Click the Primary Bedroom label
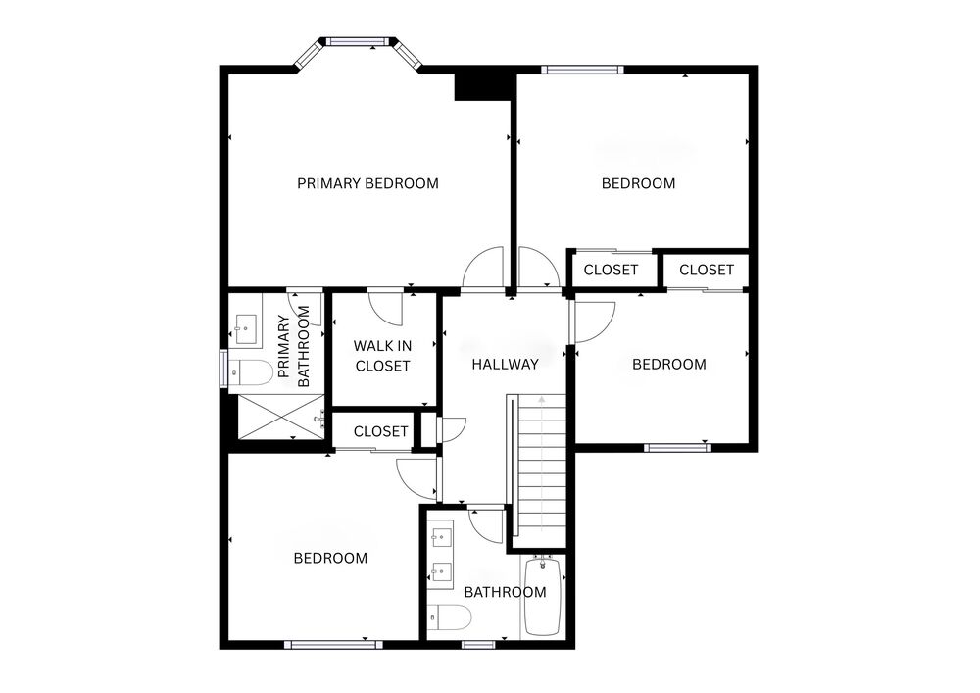point(367,183)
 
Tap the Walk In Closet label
point(382,356)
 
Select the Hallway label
point(505,365)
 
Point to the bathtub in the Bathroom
point(543,596)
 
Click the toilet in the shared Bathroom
point(449,618)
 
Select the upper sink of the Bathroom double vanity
point(442,536)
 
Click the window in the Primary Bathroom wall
point(223,369)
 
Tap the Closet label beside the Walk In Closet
point(380,432)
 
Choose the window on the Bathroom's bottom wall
point(478,644)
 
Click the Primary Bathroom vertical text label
point(293,346)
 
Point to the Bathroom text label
point(505,592)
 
